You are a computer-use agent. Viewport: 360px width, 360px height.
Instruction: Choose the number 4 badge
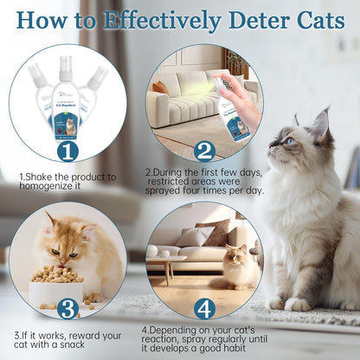(x=204, y=308)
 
